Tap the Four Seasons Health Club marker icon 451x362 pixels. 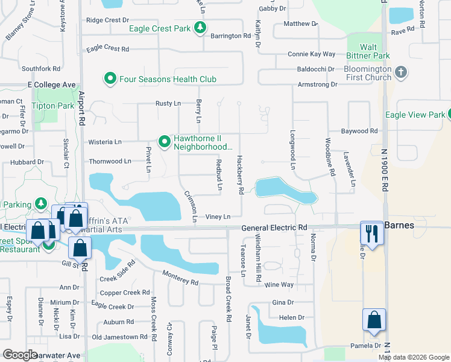(x=110, y=79)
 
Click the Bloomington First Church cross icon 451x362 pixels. (x=402, y=73)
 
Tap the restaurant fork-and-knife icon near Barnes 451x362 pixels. (x=372, y=233)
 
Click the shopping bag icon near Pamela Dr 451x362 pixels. (x=374, y=320)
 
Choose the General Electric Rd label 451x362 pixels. (x=274, y=228)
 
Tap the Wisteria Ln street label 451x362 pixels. (x=105, y=142)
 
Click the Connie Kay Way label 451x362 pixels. (x=311, y=54)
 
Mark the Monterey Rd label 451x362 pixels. (x=180, y=279)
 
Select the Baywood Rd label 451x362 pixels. (x=359, y=130)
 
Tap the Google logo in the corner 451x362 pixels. (x=20, y=355)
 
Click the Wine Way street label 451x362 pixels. (x=279, y=284)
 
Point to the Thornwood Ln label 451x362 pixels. (x=110, y=162)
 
